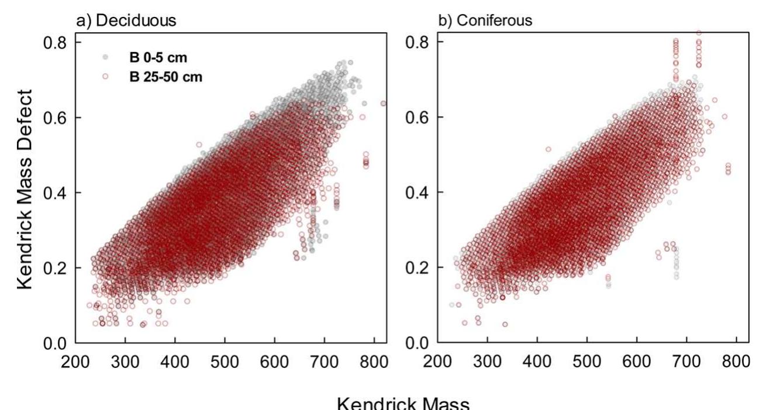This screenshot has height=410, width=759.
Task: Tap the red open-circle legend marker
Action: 105,76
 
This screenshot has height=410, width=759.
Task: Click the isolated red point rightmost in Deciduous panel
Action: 383,103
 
